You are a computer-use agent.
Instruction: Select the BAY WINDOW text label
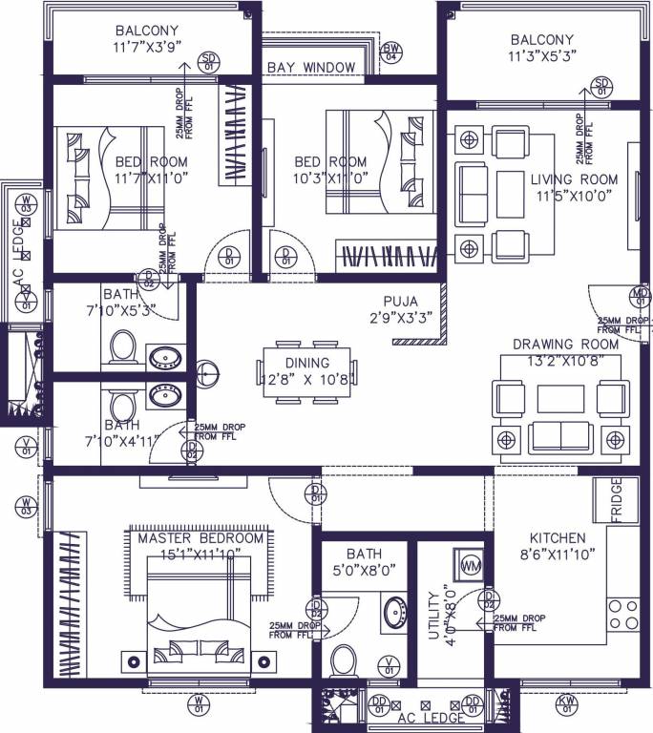pos(311,67)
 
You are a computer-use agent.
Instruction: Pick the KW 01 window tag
pos(567,705)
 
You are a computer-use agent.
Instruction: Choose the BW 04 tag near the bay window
pos(390,52)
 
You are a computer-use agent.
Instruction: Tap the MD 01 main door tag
pos(639,297)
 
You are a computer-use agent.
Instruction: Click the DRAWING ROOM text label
pos(565,344)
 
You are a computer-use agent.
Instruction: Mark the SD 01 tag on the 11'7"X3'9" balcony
pos(208,62)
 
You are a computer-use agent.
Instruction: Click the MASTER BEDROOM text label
pos(200,538)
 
